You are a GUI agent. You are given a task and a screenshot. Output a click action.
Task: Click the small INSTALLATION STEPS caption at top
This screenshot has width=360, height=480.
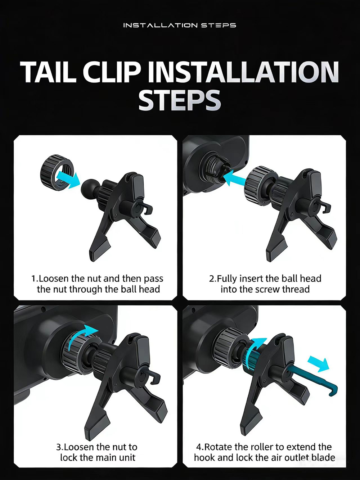180,25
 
